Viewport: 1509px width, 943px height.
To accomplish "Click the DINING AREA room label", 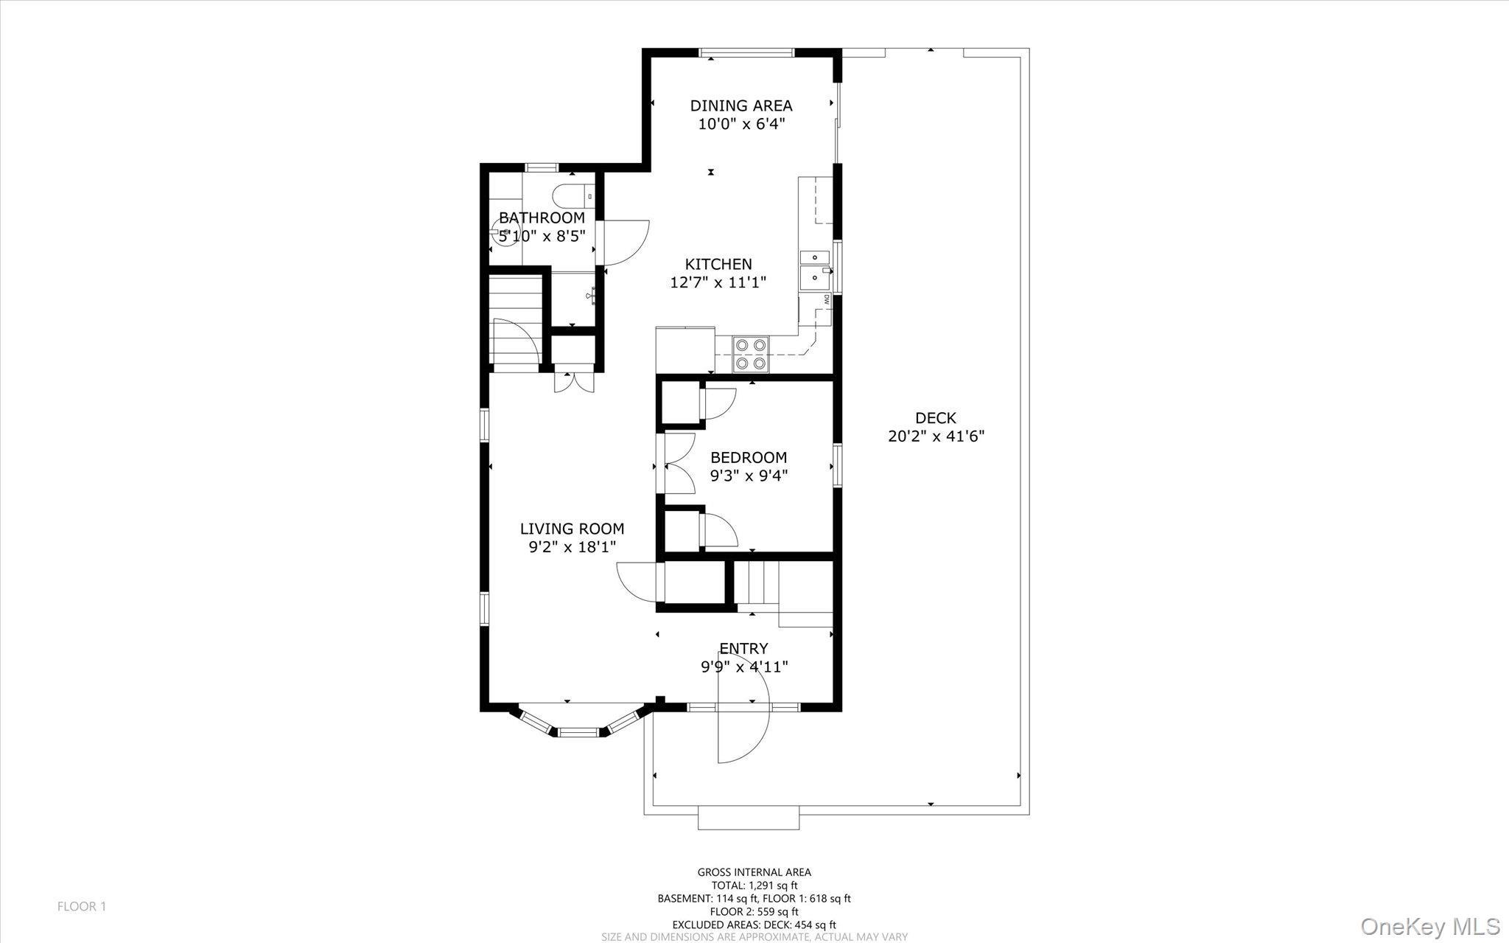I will (x=741, y=105).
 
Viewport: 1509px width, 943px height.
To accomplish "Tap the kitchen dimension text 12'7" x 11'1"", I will (x=718, y=282).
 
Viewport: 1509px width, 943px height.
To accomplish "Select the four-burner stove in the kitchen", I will (x=751, y=354).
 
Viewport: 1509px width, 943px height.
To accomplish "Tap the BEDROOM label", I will (x=749, y=457).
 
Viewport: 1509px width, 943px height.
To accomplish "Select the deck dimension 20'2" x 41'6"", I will (x=936, y=436).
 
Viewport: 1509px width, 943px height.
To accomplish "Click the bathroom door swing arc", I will (x=627, y=243).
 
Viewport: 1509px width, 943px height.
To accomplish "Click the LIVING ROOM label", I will (x=572, y=529).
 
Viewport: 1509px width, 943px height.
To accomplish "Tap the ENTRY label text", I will (x=743, y=648).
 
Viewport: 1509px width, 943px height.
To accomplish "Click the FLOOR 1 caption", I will (x=82, y=906).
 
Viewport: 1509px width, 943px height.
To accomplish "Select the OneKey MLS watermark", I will (x=1429, y=926).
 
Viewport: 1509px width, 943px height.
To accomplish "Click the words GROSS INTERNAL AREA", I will (x=754, y=872).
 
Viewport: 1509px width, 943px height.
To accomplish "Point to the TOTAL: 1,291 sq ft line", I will (x=754, y=885).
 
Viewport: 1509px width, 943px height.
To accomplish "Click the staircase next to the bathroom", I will (x=515, y=321).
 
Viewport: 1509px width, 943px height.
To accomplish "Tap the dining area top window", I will (x=746, y=52).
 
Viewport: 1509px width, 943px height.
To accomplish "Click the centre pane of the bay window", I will (x=578, y=732).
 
